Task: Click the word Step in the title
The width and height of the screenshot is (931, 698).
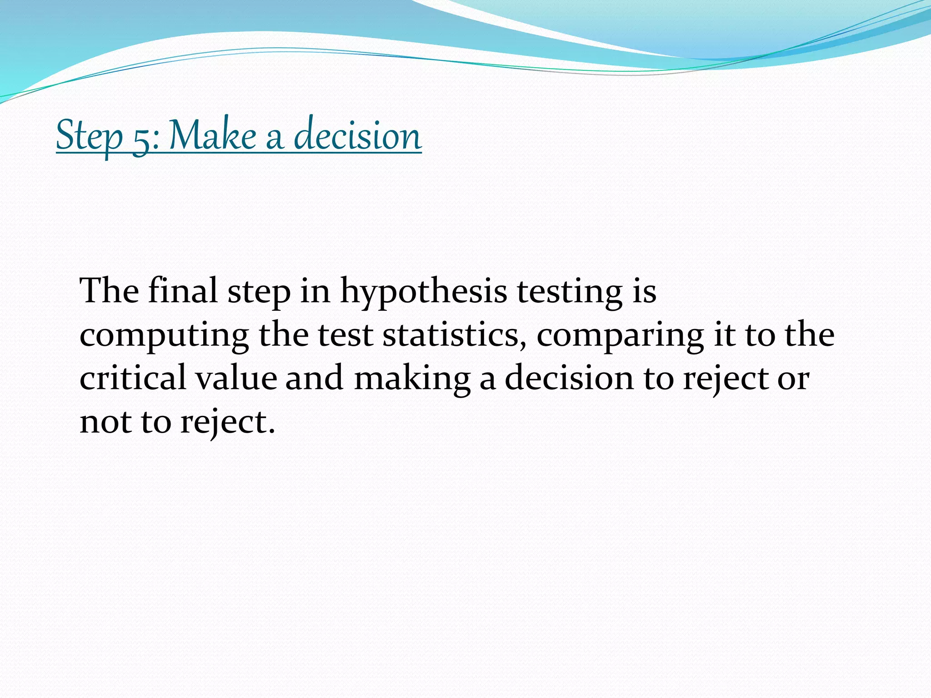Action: coord(89,135)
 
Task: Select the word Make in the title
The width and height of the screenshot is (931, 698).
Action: coord(213,135)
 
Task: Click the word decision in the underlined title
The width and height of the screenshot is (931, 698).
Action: coord(358,135)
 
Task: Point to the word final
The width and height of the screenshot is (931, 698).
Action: coord(183,290)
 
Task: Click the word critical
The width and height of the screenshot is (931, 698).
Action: coord(133,378)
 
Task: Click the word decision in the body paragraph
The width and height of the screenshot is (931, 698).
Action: coord(570,378)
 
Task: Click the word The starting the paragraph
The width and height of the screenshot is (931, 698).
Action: coord(110,290)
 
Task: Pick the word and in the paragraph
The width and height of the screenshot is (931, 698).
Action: coord(314,378)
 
